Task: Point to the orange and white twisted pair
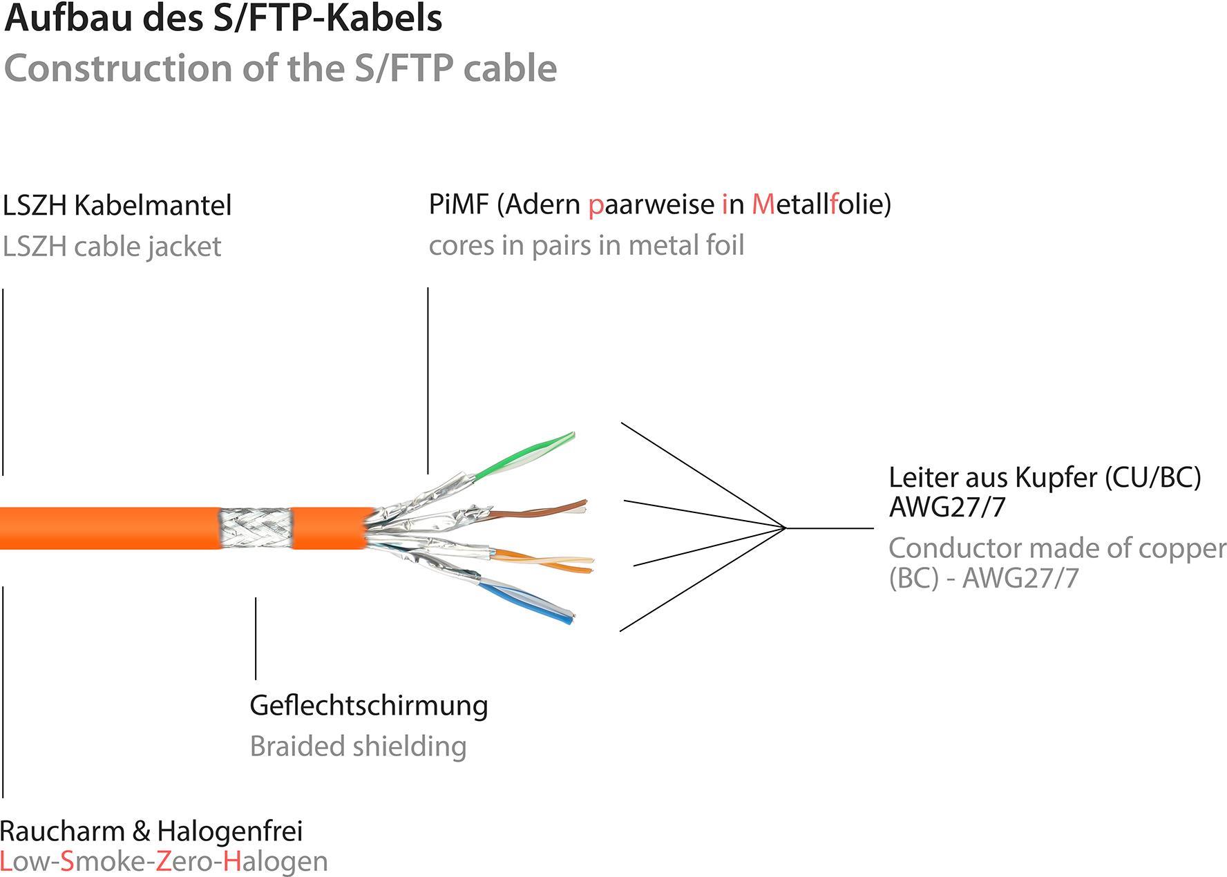tap(546, 561)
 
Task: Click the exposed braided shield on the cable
tap(256, 528)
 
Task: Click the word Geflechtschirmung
tap(368, 705)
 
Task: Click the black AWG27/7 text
tap(947, 508)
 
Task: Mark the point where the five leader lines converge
tap(786, 528)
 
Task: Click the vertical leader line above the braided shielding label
tap(256, 639)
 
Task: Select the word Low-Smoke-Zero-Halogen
tap(164, 862)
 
